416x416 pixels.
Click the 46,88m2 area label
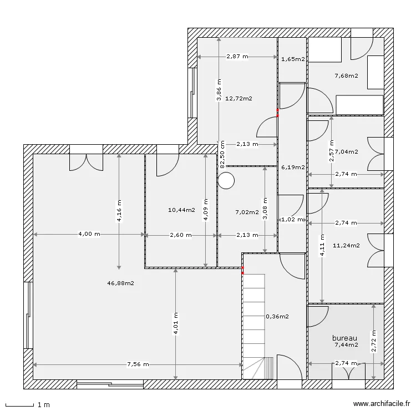pos(121,283)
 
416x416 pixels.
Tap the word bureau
pos(344,338)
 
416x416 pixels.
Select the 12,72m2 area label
pos(239,99)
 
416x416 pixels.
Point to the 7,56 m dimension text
pos(138,364)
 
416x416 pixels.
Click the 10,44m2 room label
pos(181,210)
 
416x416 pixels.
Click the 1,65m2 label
pos(292,59)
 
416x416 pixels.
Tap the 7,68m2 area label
pos(346,76)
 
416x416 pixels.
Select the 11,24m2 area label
pos(346,245)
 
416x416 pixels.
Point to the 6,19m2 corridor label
pos(292,167)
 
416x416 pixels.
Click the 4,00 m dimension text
pos(89,235)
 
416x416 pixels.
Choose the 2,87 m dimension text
pos(237,57)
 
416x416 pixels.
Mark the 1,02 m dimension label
pos(292,220)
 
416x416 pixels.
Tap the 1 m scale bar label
pos(43,405)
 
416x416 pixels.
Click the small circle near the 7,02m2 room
pos(226,180)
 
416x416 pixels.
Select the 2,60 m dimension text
pos(181,235)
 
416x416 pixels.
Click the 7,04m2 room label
pos(346,151)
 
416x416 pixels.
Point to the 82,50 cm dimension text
pos(222,154)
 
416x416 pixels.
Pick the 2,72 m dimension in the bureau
pos(373,342)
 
